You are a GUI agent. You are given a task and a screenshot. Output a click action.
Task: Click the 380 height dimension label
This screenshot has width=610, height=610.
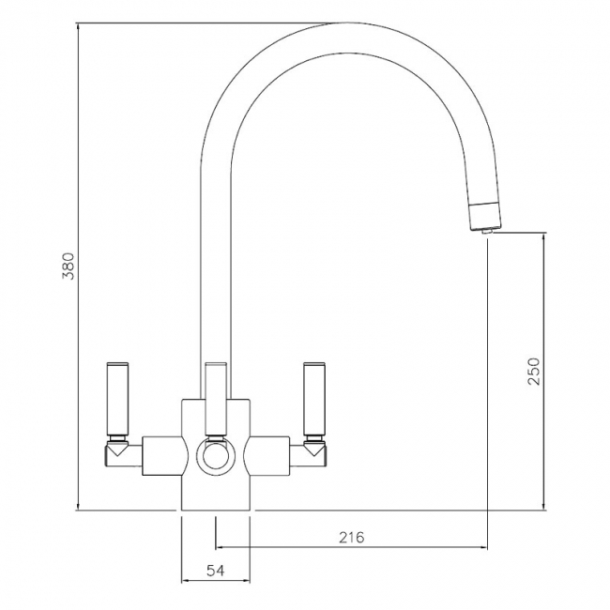(69, 267)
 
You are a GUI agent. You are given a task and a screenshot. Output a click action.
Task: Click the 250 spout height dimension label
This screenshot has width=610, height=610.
(534, 371)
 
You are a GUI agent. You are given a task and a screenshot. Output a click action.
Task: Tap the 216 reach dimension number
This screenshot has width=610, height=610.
(352, 537)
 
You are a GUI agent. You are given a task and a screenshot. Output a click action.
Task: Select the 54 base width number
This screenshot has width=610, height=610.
(215, 571)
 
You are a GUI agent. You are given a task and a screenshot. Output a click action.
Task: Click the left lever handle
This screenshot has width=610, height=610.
(117, 399)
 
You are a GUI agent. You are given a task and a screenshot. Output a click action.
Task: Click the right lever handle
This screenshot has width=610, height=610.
(314, 399)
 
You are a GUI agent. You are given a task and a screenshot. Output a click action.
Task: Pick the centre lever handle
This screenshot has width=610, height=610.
(216, 399)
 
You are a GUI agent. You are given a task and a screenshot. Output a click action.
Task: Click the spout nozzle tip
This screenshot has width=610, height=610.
(486, 232)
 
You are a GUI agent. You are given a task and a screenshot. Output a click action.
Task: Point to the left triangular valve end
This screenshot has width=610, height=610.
(117, 450)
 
